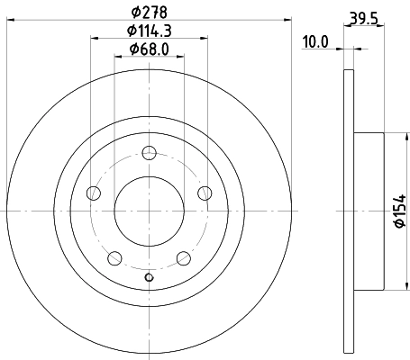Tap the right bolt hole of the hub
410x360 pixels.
click(x=205, y=192)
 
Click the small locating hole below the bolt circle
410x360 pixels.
click(x=150, y=277)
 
